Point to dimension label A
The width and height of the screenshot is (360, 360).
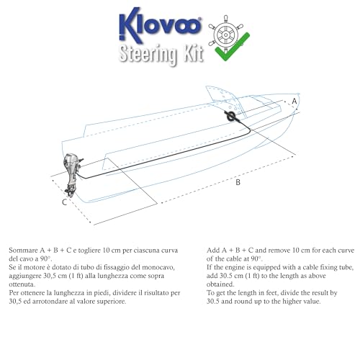click(x=294, y=103)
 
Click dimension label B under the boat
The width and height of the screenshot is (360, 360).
click(x=238, y=183)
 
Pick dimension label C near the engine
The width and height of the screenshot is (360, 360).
click(x=64, y=203)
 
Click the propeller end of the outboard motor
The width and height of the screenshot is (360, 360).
click(x=71, y=192)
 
